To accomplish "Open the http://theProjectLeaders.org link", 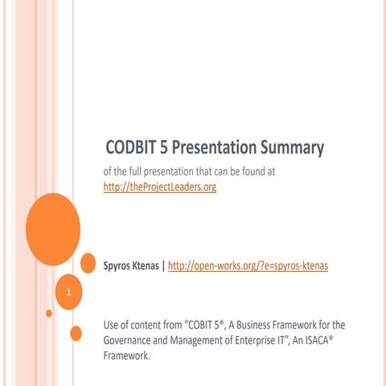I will pyautogui.click(x=160, y=187).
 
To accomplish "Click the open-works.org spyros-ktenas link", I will pyautogui.click(x=248, y=264).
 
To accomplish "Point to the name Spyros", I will pyautogui.click(x=120, y=264).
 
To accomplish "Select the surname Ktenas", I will pyautogui.click(x=150, y=264).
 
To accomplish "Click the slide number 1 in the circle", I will pyautogui.click(x=70, y=292).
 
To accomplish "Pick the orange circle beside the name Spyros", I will pyautogui.click(x=88, y=262).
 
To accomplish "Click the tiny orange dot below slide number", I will pyautogui.click(x=49, y=313).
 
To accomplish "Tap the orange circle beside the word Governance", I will pyautogui.click(x=76, y=333).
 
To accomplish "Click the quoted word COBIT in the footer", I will pyautogui.click(x=203, y=325).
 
